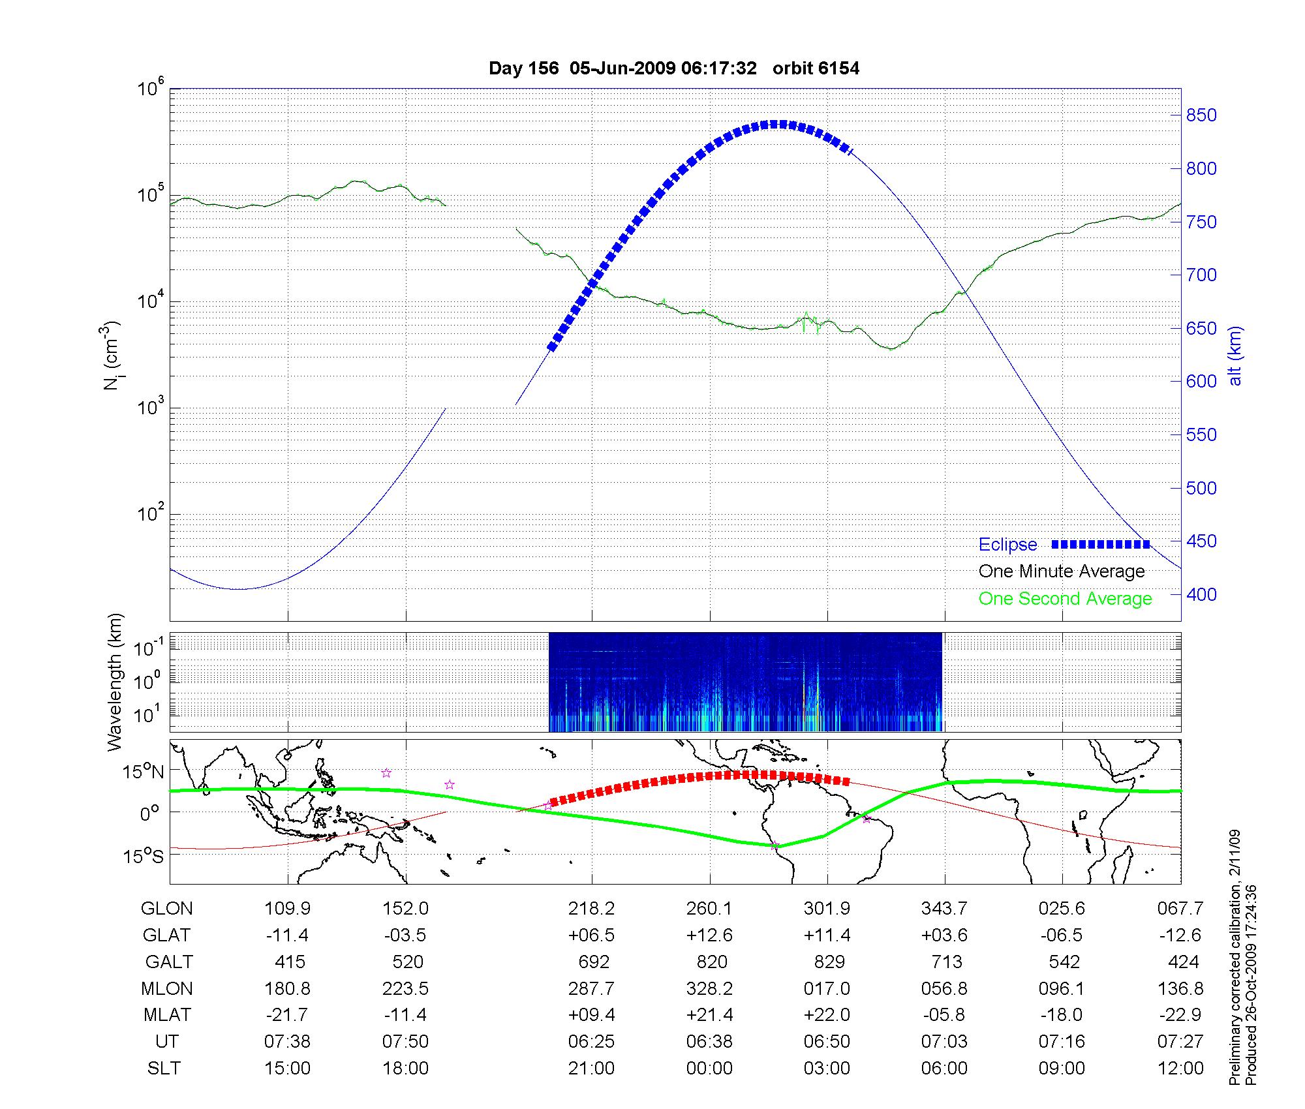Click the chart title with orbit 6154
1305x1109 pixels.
(674, 68)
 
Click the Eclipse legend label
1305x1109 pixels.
(1007, 545)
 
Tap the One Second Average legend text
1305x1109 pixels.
(1065, 599)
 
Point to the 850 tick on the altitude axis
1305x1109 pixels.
(1201, 115)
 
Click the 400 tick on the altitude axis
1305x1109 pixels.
(1201, 594)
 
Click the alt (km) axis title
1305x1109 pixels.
(1235, 356)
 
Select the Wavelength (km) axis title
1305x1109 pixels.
(115, 682)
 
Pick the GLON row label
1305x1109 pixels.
(167, 909)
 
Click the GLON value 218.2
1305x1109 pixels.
(591, 909)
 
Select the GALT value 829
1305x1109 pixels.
(827, 962)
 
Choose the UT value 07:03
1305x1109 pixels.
(944, 1042)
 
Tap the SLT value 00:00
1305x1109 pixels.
(709, 1069)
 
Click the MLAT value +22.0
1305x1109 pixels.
(827, 1015)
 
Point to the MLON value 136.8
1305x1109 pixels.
(1180, 989)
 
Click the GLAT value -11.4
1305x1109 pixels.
(287, 935)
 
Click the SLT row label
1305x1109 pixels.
(164, 1069)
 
